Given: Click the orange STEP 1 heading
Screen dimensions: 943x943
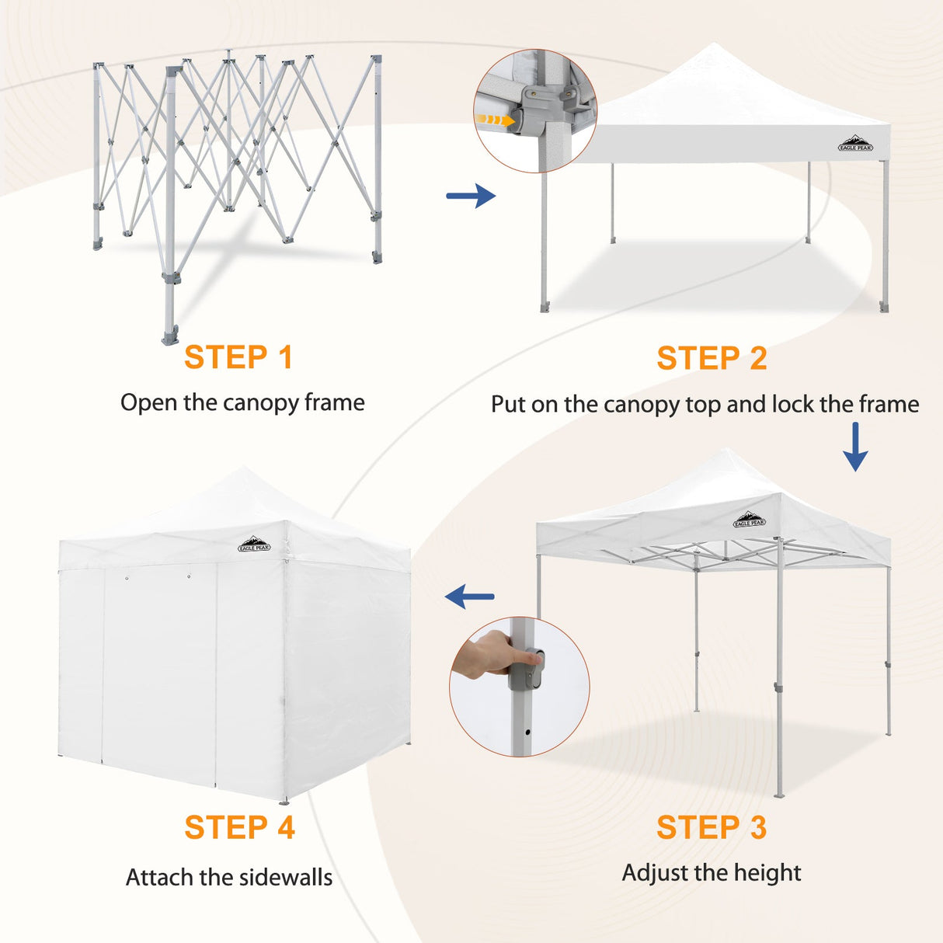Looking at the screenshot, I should [x=238, y=357].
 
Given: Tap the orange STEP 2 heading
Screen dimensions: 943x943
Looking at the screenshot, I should [x=712, y=358].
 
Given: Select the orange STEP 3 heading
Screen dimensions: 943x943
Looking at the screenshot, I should [x=712, y=827].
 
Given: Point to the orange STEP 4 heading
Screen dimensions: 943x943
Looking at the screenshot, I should [x=239, y=827].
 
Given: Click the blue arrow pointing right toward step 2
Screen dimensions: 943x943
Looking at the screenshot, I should [x=471, y=196].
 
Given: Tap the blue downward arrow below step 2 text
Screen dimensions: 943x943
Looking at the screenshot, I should [x=855, y=447].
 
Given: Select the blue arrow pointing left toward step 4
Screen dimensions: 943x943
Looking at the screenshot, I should [x=470, y=597].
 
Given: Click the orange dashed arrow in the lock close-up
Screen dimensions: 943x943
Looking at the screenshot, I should [x=495, y=120].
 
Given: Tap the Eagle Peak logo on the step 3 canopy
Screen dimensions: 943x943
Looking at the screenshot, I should [x=750, y=520].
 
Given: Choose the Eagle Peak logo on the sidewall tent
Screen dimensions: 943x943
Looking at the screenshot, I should [x=254, y=545].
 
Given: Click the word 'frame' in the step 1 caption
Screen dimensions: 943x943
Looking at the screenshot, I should [x=334, y=402].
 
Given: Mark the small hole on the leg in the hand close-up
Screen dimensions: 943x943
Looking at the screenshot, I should [x=528, y=732].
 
